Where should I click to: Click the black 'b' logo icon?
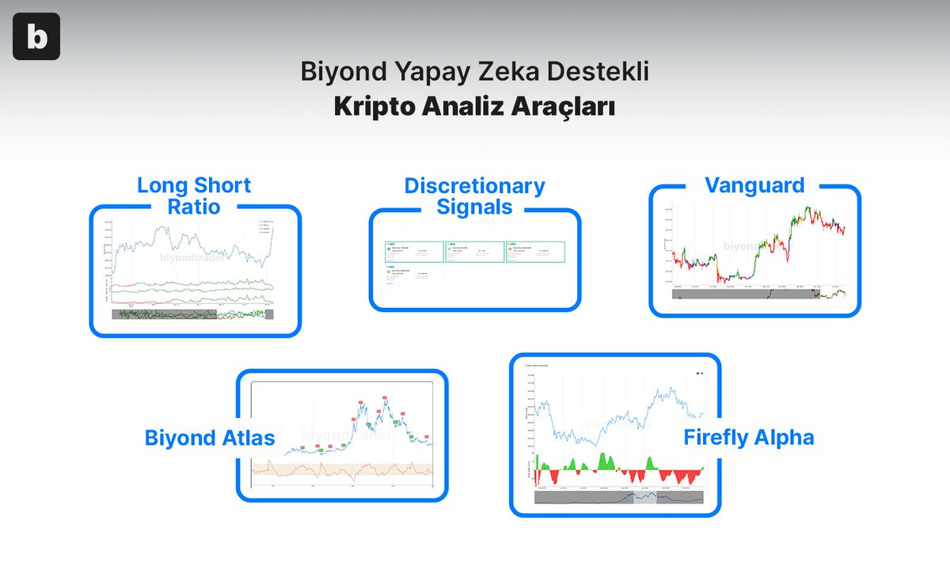(x=36, y=37)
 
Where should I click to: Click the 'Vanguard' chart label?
(x=754, y=185)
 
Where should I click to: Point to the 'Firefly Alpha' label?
(x=748, y=437)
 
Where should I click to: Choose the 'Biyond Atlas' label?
(x=210, y=438)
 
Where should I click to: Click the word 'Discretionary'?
(x=474, y=186)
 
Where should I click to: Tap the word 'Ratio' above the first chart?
(x=194, y=207)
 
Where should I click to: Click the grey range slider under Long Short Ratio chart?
(x=164, y=314)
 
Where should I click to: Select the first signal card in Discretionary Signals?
(x=413, y=252)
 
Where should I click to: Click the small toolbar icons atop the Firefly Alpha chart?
(x=698, y=372)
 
